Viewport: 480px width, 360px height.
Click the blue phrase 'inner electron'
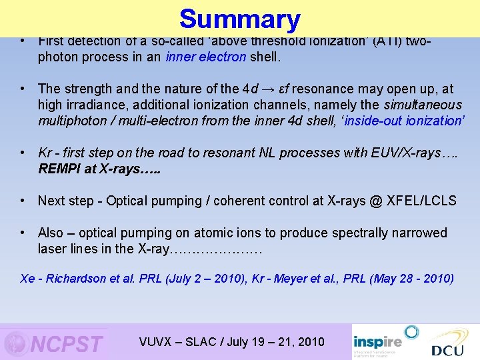click(213, 57)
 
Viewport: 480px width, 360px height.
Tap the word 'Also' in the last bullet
click(51, 233)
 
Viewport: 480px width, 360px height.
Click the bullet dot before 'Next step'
click(23, 201)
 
